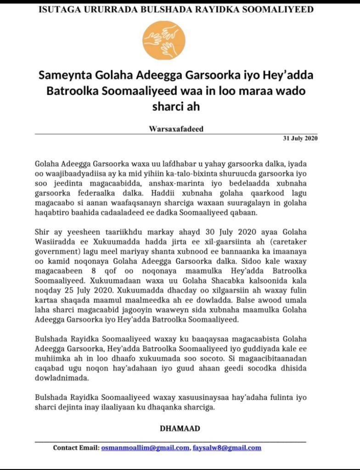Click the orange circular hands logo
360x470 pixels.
pos(163,41)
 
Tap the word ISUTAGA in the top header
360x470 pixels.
pos(57,9)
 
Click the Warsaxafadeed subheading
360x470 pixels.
pos(176,129)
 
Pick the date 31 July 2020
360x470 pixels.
pos(300,138)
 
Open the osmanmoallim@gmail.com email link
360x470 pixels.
pos(145,448)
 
